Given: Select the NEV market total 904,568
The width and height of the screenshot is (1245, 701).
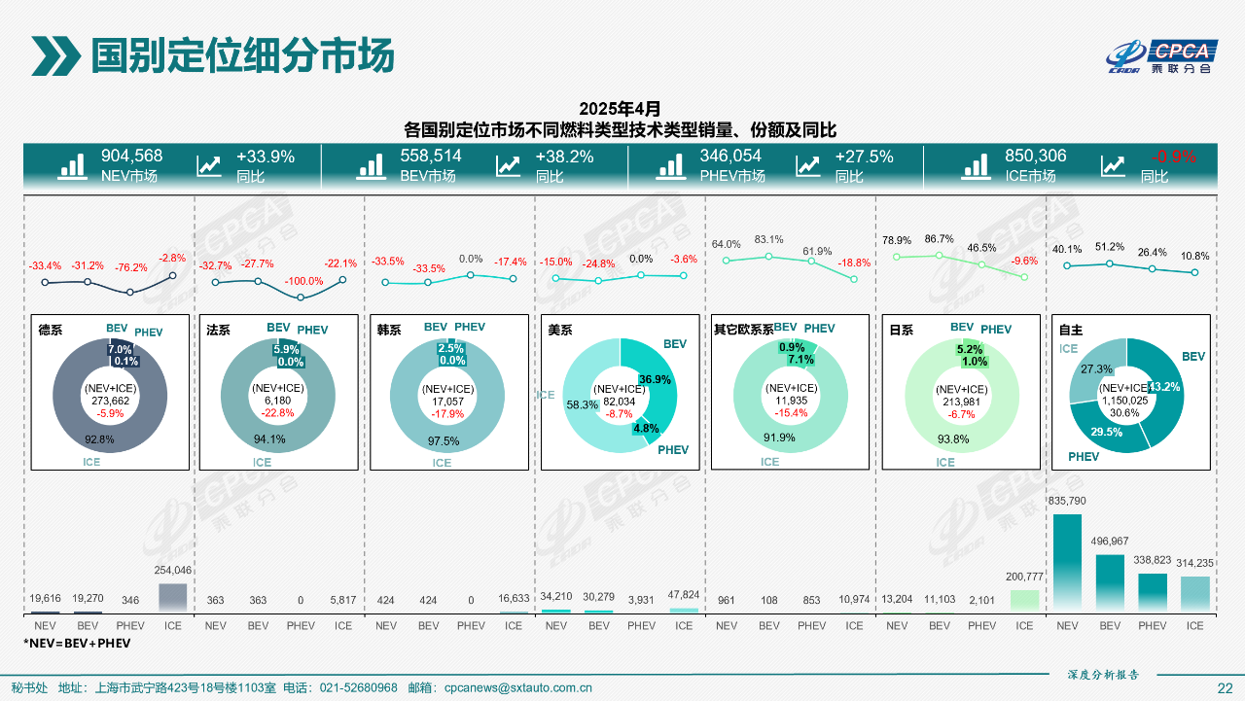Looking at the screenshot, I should (x=131, y=157).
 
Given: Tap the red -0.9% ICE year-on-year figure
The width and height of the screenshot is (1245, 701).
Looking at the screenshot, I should (x=1173, y=157).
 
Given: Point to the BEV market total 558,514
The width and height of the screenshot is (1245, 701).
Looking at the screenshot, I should (x=431, y=157).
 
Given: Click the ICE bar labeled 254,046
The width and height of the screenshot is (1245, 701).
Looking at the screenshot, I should (x=172, y=598).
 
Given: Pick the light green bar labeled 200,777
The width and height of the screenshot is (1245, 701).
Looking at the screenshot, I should (x=1024, y=601).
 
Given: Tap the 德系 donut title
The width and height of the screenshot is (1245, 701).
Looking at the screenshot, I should (x=50, y=331).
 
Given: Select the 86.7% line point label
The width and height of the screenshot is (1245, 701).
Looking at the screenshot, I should (x=939, y=239).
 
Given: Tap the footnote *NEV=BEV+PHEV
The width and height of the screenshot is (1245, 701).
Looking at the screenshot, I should (x=77, y=644).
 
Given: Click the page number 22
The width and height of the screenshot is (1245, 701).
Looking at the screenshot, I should (x=1225, y=688).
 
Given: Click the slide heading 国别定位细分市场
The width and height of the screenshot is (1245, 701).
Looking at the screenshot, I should (x=242, y=56).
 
